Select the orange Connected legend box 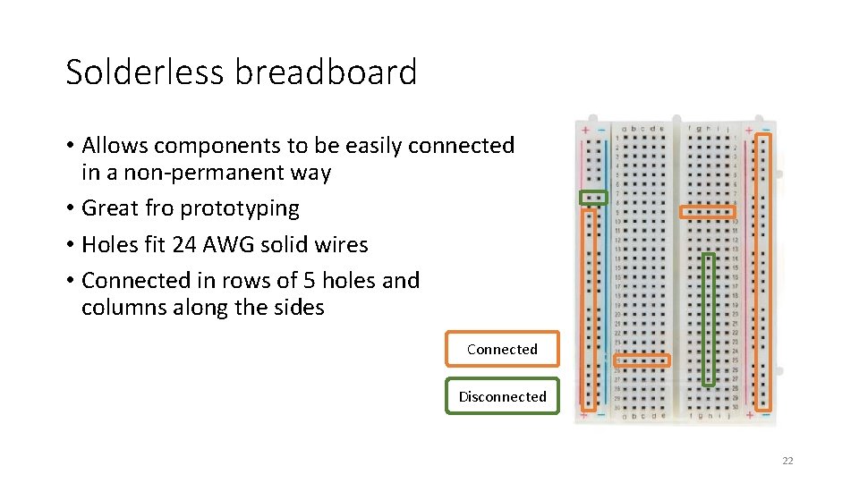tap(502, 349)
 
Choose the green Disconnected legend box tap(502, 396)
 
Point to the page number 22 tap(787, 461)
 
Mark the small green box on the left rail tap(593, 197)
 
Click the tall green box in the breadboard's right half tap(709, 319)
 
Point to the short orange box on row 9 tap(708, 212)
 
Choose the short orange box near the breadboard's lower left tap(642, 360)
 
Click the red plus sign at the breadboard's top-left tap(585, 131)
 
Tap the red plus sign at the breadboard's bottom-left tap(585, 414)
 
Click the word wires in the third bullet tap(341, 244)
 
